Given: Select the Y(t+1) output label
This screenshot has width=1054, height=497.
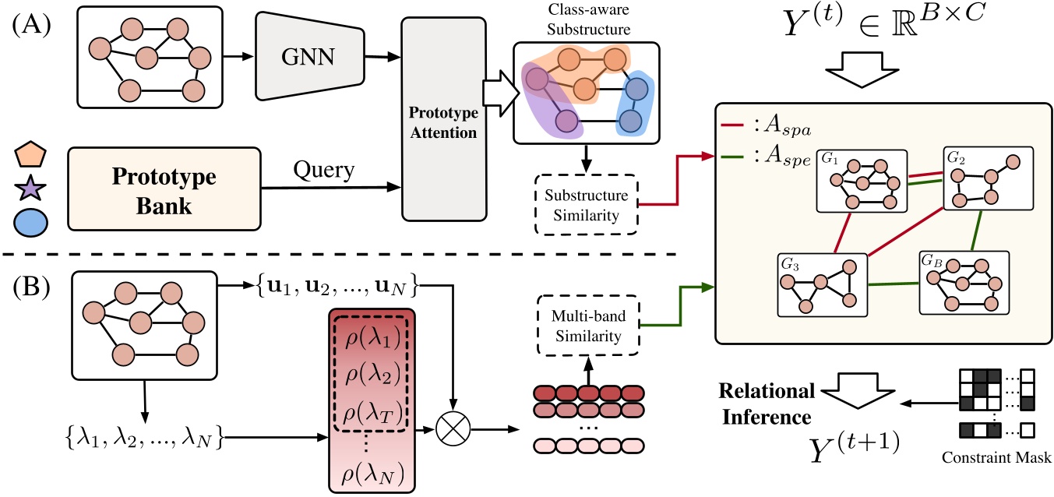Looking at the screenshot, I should (x=856, y=449).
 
